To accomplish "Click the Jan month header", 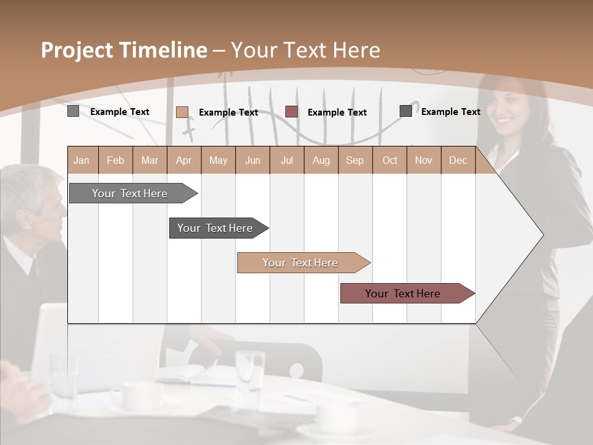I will [82, 161].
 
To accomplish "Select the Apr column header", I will [183, 161].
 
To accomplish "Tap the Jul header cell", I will [287, 161].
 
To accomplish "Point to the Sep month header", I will [355, 161].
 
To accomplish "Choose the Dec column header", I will [458, 161].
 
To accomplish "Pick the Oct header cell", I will [390, 161].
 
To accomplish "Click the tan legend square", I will [182, 112].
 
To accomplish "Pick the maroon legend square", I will [292, 112].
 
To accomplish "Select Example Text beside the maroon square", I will [337, 112].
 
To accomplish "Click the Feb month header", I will [116, 161].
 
